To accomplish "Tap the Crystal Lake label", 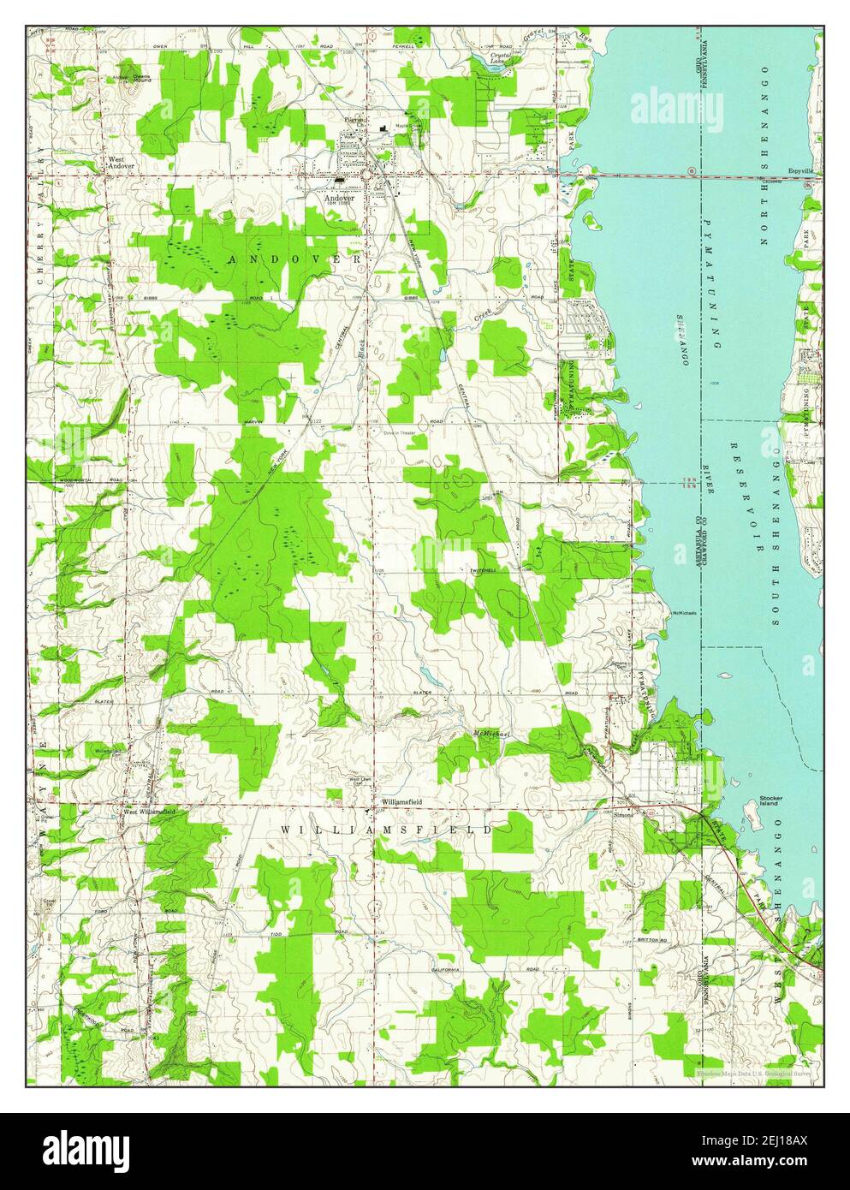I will [x=500, y=58].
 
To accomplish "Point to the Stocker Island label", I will [x=772, y=802].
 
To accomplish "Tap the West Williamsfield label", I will [x=149, y=811].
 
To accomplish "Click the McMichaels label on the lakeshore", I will [x=684, y=613].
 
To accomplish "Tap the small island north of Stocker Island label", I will [x=734, y=780].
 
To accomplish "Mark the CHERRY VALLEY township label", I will [x=40, y=213].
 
